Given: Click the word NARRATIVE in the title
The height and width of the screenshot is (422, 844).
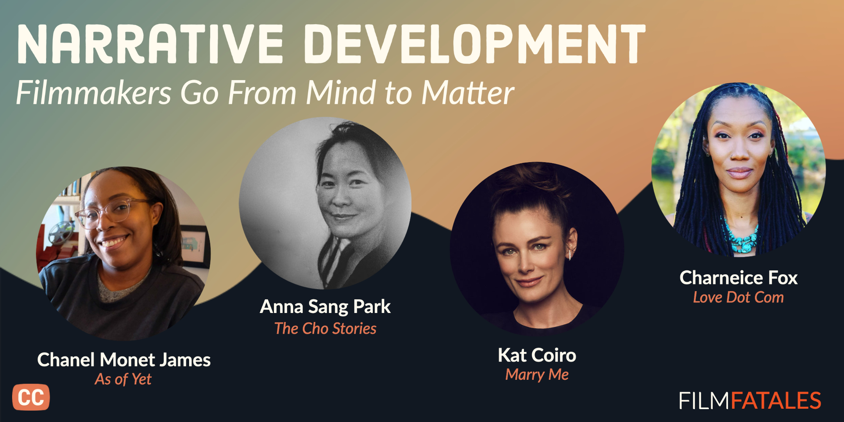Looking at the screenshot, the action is click(150, 43).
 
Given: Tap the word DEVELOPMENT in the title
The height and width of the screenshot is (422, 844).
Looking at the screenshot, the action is click(475, 43).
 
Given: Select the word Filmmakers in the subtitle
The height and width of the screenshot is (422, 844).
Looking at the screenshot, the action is click(94, 93).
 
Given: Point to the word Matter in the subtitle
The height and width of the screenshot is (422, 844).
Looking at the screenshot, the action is click(468, 93).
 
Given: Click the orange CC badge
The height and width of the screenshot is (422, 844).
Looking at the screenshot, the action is click(31, 397).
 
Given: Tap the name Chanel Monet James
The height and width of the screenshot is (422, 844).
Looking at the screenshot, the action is click(124, 359).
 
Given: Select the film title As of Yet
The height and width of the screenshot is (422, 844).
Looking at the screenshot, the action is click(123, 379).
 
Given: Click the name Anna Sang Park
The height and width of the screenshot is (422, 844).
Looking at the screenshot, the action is click(325, 307).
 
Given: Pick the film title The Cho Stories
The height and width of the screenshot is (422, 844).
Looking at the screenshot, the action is click(325, 328).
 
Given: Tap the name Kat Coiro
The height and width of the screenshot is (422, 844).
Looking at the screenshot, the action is click(537, 355).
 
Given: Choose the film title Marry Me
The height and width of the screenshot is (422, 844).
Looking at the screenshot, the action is click(537, 374).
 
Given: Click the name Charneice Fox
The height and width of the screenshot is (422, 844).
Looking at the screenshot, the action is click(738, 278).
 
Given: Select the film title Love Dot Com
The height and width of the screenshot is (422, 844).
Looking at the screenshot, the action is click(738, 297).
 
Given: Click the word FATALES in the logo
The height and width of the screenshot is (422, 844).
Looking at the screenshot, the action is click(776, 401).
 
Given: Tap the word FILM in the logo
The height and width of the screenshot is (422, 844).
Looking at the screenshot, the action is click(705, 401).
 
